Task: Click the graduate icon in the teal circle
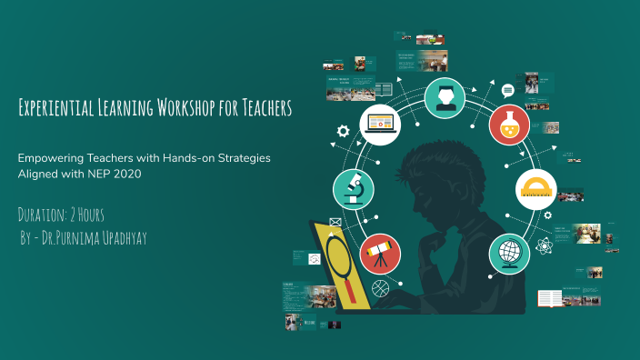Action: click(x=445, y=95)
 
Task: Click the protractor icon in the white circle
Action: click(x=535, y=188)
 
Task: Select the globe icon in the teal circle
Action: click(x=509, y=253)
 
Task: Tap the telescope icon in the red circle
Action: click(x=379, y=253)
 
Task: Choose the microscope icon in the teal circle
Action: click(x=354, y=188)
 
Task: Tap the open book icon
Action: click(x=550, y=297)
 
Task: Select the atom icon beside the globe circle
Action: click(x=543, y=245)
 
